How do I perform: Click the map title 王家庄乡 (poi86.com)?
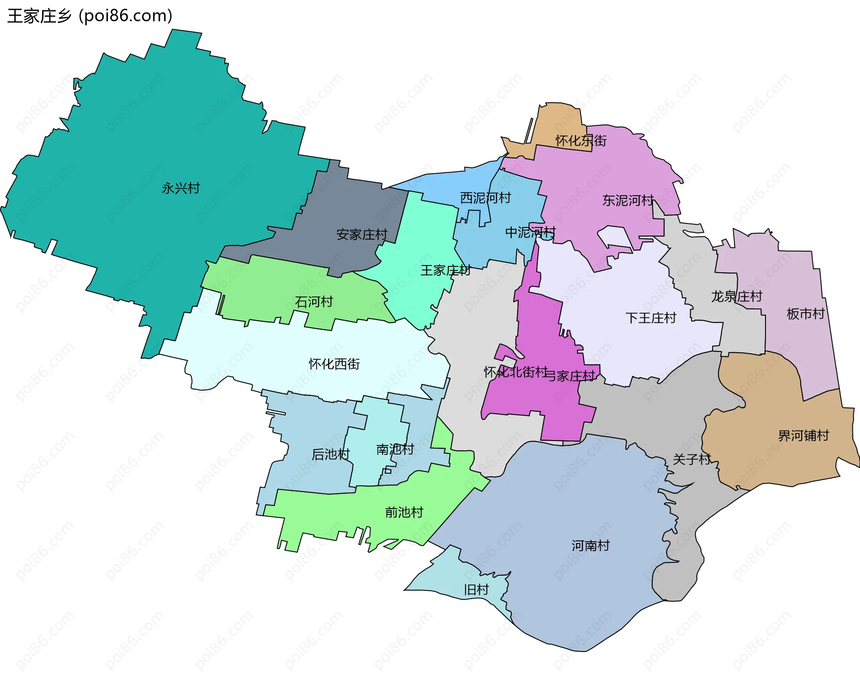click(90, 16)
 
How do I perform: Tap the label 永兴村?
click(181, 188)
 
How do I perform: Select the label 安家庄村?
click(361, 235)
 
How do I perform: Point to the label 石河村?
click(314, 302)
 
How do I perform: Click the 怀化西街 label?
click(334, 364)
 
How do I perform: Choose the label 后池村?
click(331, 454)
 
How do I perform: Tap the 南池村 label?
click(395, 449)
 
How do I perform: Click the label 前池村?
click(404, 512)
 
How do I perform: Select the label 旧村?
click(476, 590)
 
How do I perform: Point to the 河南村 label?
click(590, 545)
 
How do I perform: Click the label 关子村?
click(692, 459)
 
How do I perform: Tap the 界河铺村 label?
click(804, 436)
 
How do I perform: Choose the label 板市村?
click(805, 314)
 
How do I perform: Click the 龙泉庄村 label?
click(736, 296)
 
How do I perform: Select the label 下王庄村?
click(650, 318)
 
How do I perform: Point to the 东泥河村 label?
click(628, 200)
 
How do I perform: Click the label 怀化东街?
click(581, 141)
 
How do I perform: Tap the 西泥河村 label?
click(486, 198)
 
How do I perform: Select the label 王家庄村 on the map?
click(445, 270)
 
